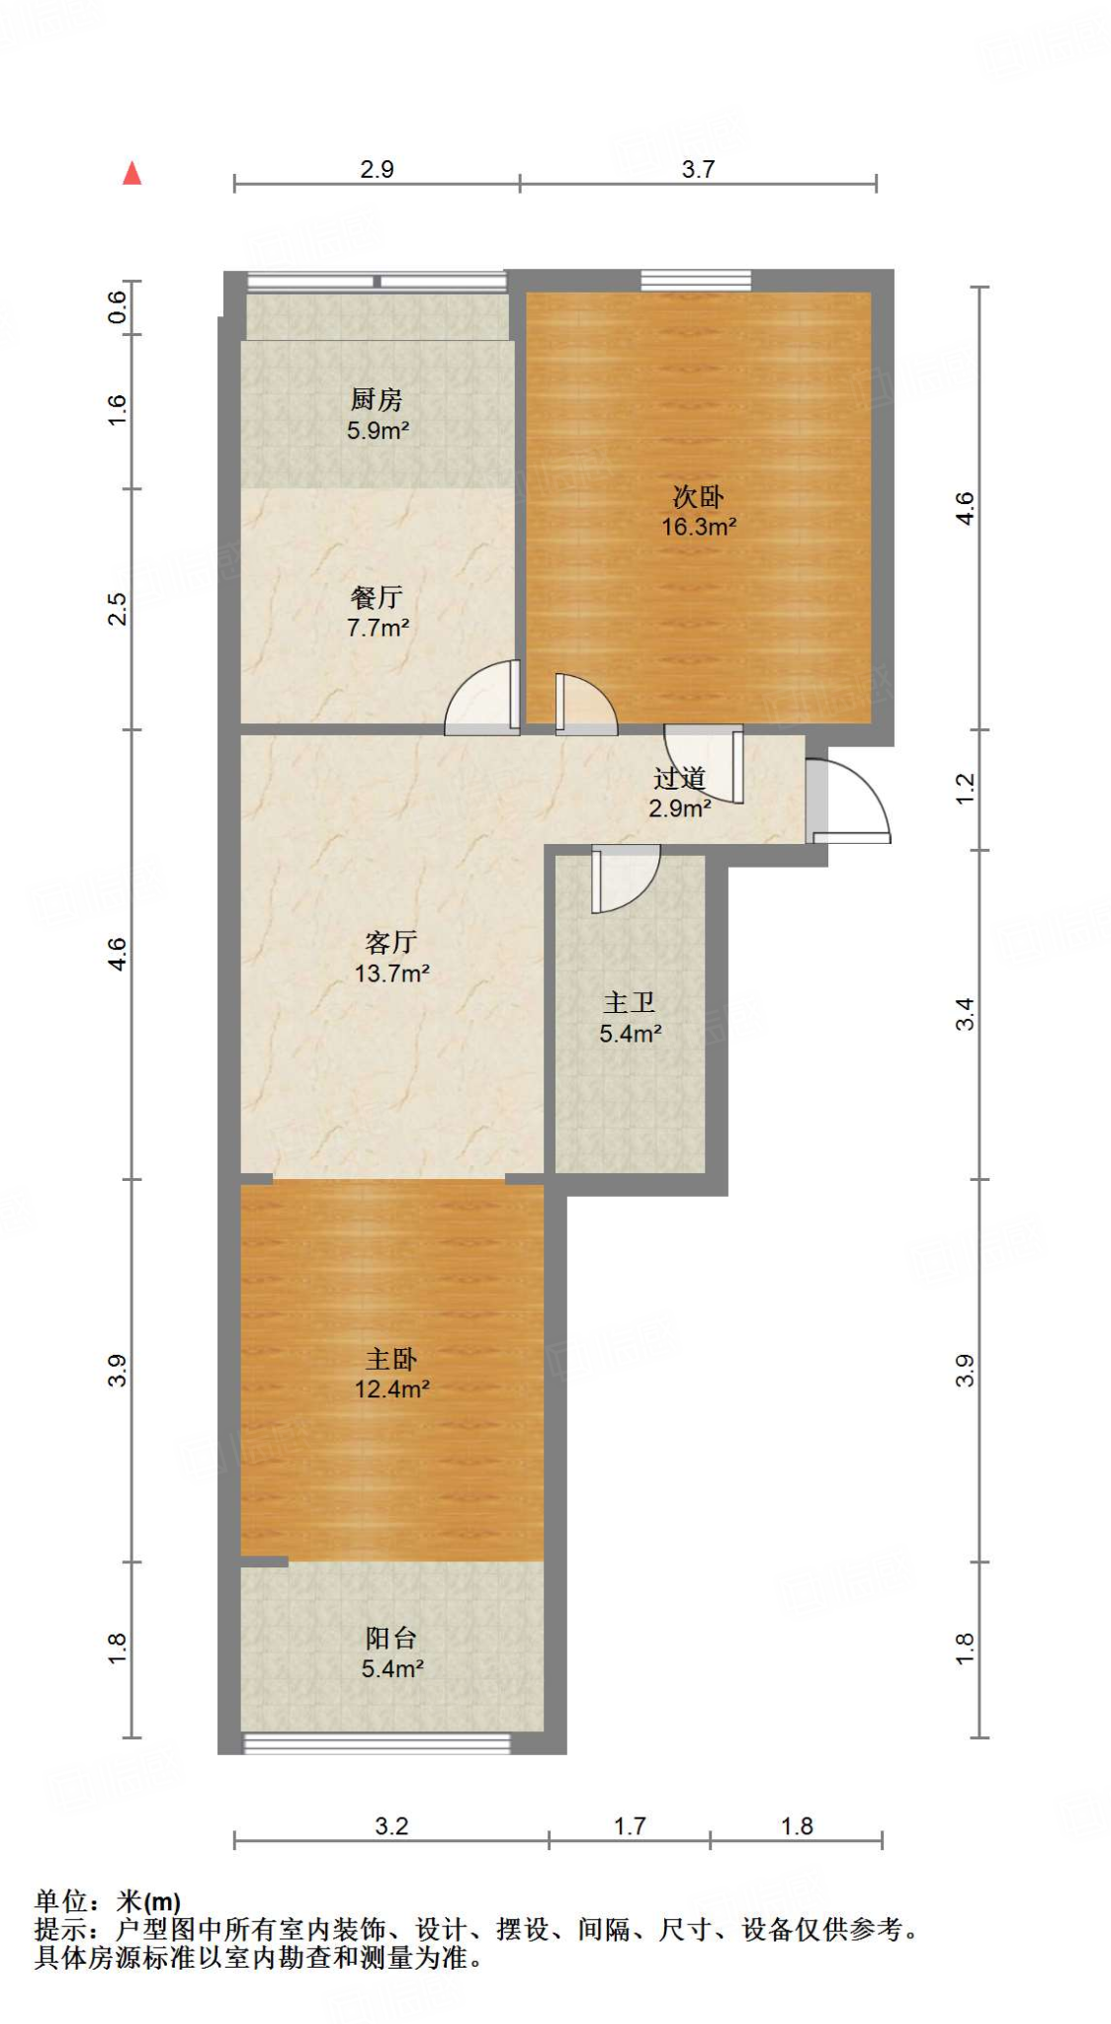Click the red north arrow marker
point(131,173)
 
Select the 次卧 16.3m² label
point(698,511)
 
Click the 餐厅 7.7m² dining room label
point(377,612)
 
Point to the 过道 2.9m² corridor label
point(680,793)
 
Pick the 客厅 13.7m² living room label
point(391,957)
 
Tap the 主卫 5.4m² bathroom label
point(630,1018)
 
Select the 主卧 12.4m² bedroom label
point(391,1374)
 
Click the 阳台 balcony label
point(391,1653)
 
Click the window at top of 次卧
point(696,280)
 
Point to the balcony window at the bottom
point(377,1743)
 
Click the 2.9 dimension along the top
point(377,169)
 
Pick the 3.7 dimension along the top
point(698,169)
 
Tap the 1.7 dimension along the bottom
point(630,1825)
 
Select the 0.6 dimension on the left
point(117,307)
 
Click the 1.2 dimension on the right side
point(965,788)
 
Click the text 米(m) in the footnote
point(148,1900)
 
